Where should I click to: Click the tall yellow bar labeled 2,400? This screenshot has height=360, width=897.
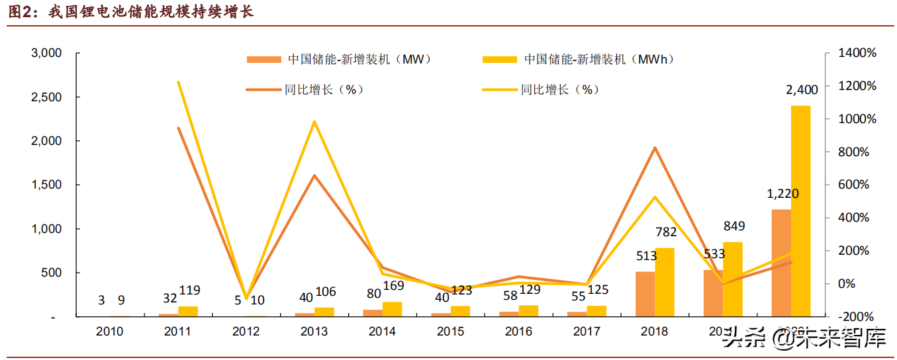pos(800,211)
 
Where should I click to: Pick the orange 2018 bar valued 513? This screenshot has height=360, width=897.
pos(645,294)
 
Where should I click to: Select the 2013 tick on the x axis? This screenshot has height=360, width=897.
pos(314,332)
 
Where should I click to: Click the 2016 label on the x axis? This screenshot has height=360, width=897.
pos(518,332)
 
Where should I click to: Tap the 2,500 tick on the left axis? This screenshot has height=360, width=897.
pos(47,97)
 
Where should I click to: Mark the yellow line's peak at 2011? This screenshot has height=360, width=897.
pos(178,82)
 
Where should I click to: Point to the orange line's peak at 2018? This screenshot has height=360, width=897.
pos(654,148)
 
